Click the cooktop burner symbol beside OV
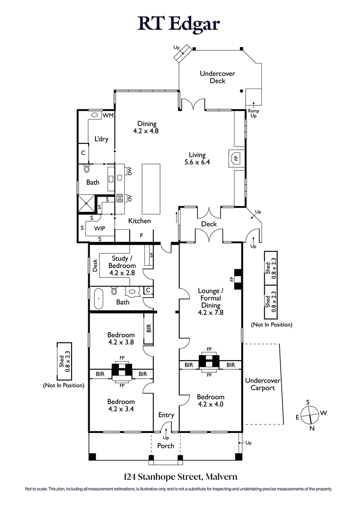point(120,198)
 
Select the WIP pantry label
point(99,228)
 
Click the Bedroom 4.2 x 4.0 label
point(211,400)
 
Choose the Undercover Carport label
point(262,384)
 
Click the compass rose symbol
point(310,415)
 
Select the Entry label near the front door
point(166,415)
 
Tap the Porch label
point(165,446)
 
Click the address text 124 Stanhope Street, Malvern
point(180,476)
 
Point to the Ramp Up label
point(253,113)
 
